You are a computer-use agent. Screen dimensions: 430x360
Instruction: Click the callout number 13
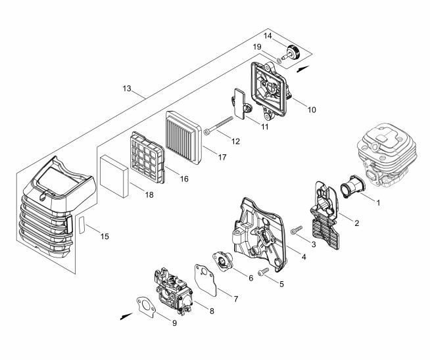(x=127, y=89)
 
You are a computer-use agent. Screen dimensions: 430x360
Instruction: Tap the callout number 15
(x=105, y=236)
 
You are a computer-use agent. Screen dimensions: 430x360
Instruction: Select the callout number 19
(x=257, y=47)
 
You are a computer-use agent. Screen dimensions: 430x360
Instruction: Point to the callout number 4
(x=304, y=257)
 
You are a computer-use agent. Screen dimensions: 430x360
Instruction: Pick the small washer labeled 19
(x=279, y=60)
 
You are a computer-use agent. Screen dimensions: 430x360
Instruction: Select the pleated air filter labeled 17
(x=183, y=137)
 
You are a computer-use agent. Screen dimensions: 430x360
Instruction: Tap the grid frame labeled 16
(x=147, y=158)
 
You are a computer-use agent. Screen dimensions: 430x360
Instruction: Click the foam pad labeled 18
(x=114, y=176)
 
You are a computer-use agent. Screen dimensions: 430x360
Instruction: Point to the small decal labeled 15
(x=82, y=225)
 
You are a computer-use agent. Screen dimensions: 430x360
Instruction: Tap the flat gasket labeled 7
(x=206, y=280)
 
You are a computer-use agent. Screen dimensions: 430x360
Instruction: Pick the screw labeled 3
(x=297, y=229)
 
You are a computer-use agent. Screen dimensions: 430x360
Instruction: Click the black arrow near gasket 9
(x=126, y=316)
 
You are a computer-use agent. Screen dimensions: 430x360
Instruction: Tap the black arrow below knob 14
(x=303, y=69)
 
